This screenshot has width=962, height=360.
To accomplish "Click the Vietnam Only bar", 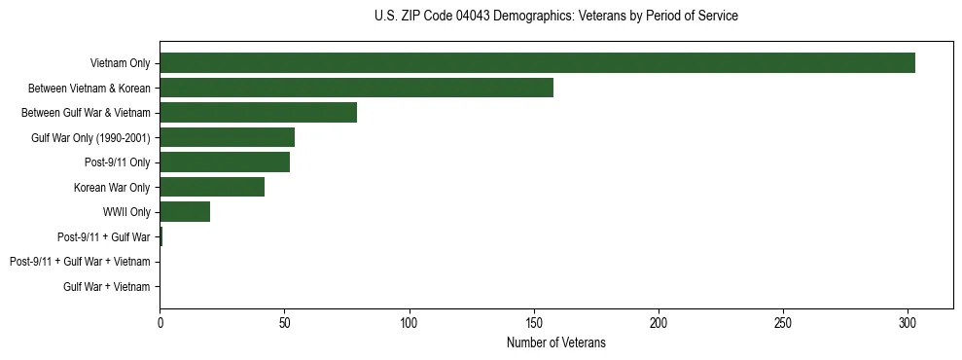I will coord(537,63).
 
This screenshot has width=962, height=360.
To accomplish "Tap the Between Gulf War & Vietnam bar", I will coord(258,113).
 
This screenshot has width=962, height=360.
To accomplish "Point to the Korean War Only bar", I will coord(212,187).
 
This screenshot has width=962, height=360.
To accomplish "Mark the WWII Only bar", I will coord(185,212).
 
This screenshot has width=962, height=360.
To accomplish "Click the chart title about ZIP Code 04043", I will coord(555,17).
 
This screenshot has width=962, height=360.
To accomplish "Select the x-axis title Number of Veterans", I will coord(555,342).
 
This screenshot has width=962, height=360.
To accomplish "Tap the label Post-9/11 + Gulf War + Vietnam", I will coord(80,262).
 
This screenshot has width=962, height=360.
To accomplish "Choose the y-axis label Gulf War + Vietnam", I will coord(107,287).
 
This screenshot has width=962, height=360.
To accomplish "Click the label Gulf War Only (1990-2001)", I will coord(90,137).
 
